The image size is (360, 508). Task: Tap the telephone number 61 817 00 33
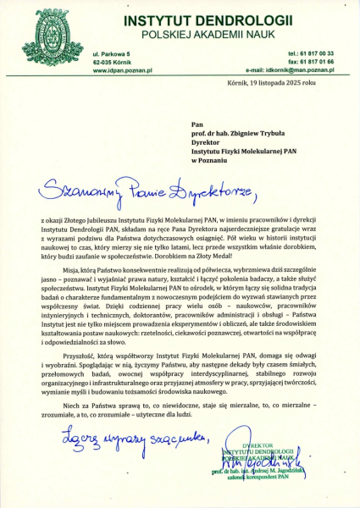[317, 53]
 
